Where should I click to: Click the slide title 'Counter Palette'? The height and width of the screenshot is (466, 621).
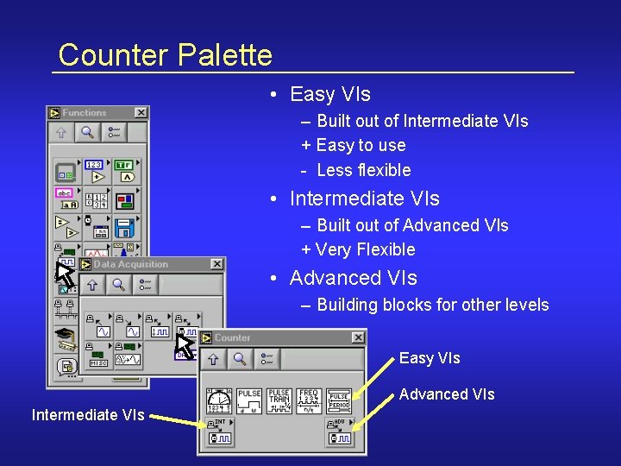(165, 55)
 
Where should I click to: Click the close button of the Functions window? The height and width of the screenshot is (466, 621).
(141, 113)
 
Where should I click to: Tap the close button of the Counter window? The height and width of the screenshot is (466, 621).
(358, 337)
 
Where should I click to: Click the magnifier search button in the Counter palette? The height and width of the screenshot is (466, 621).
(240, 358)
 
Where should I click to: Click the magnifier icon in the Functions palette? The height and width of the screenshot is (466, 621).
(87, 132)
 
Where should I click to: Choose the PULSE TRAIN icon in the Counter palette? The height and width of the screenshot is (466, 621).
(279, 400)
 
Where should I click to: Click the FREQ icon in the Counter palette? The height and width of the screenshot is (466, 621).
(309, 400)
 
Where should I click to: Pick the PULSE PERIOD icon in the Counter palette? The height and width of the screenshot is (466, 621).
(339, 400)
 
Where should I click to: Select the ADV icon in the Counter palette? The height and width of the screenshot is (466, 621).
(339, 433)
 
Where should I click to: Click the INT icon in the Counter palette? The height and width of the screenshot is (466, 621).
(219, 433)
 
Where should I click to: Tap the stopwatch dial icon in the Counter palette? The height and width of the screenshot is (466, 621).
(219, 400)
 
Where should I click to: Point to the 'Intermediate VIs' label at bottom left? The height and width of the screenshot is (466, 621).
(88, 415)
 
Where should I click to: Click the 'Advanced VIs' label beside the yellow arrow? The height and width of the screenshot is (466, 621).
(447, 394)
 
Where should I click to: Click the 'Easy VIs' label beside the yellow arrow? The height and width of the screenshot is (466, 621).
(430, 358)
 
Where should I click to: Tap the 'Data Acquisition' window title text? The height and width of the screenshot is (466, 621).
(131, 264)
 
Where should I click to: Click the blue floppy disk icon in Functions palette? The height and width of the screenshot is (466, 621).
(126, 227)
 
